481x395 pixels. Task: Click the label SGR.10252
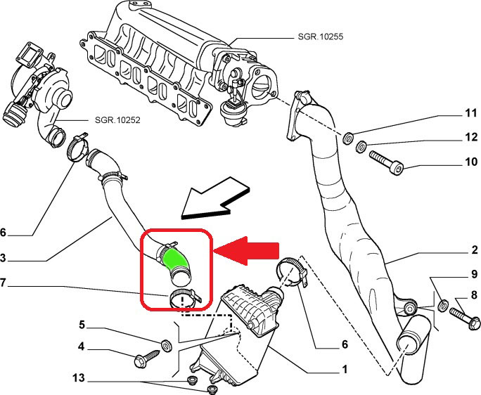click(117, 119)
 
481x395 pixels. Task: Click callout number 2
click(475, 250)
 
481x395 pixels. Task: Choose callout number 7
click(5, 284)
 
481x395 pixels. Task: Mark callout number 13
click(78, 379)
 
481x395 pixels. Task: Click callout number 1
click(345, 369)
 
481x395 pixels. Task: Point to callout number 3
click(5, 257)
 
